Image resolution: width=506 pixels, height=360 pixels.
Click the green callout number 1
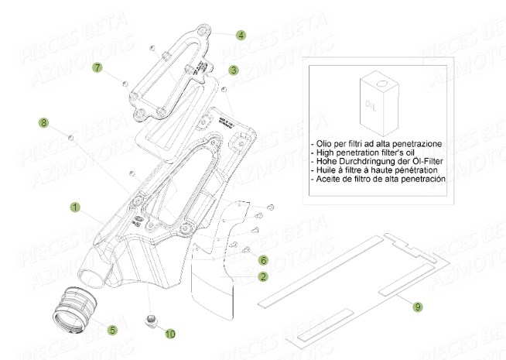(x=75, y=207)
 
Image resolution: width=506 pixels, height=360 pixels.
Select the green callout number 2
(x=263, y=276)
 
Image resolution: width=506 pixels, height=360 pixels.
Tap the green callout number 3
(x=233, y=70)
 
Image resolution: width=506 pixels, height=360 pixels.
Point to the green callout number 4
(x=241, y=35)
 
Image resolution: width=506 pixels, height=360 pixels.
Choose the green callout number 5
(x=112, y=329)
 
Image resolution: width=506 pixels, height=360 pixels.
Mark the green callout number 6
(x=263, y=260)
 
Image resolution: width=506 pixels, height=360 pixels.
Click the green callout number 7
(x=97, y=67)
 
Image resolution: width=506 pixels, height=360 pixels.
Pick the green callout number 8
(x=43, y=122)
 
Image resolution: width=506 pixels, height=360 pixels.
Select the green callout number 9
(x=418, y=307)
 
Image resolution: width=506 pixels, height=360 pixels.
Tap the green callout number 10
(x=170, y=334)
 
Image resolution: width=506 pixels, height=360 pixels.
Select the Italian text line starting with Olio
(x=378, y=144)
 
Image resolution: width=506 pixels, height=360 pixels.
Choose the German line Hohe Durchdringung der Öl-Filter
(x=374, y=161)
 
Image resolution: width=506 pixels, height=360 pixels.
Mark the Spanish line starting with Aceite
(x=378, y=178)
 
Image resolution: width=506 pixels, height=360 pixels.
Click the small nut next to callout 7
(x=124, y=80)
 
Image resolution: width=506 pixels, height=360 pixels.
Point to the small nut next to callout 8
(x=70, y=137)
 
